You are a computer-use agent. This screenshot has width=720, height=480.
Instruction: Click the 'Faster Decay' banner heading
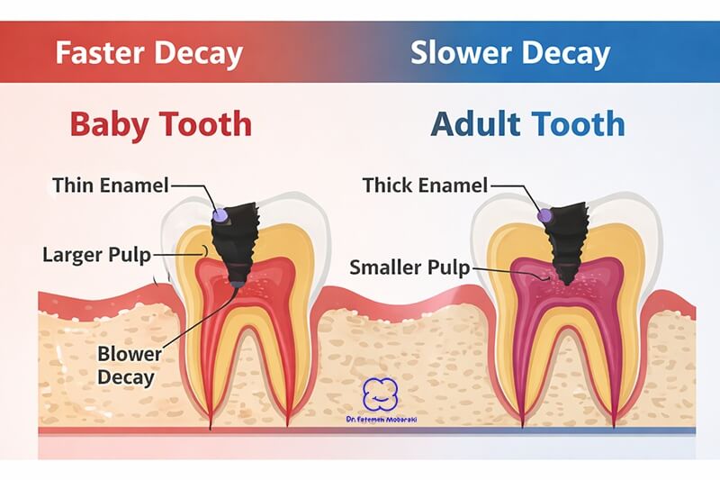pos(148,53)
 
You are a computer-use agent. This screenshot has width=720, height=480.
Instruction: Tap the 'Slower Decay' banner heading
pos(509,53)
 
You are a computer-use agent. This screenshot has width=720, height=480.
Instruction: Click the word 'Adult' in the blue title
pos(476,123)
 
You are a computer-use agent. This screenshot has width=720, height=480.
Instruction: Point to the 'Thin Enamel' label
pos(110,186)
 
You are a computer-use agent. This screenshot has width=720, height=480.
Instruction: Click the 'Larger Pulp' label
pos(96,254)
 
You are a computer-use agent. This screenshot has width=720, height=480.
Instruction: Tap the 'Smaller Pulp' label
pos(409,267)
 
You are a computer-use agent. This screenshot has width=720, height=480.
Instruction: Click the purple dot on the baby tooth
pos(220,215)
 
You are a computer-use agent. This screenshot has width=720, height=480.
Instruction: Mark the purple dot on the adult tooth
pos(544,216)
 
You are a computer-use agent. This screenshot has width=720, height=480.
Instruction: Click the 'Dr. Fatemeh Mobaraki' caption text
pos(382,421)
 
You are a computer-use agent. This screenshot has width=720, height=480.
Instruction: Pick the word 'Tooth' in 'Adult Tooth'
pos(577,123)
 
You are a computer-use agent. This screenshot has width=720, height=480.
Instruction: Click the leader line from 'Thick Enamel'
pos(513,190)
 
